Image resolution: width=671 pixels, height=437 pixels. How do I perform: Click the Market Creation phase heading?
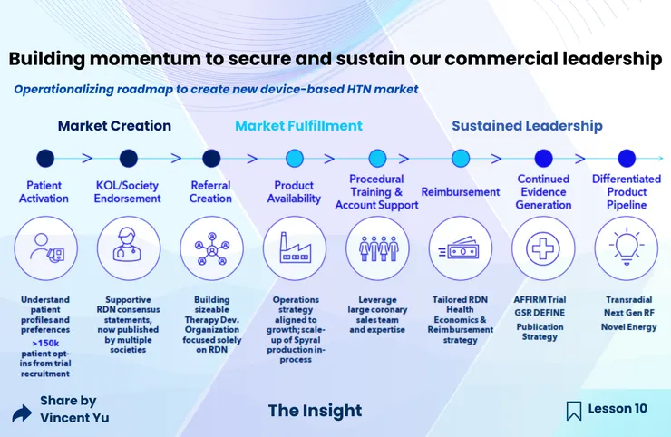[x=114, y=126]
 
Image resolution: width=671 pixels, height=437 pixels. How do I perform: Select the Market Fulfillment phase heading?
[x=298, y=126]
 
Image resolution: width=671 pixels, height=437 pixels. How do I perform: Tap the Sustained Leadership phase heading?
[x=527, y=126]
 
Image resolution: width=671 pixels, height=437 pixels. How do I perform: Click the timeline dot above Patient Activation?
[x=45, y=159]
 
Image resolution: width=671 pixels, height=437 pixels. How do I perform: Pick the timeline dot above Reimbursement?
[x=461, y=159]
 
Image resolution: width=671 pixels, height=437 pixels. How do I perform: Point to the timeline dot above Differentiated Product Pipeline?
[x=627, y=159]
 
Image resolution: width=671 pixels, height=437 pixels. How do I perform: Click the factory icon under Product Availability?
[x=295, y=248]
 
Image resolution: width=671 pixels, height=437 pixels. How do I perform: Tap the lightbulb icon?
[x=627, y=247]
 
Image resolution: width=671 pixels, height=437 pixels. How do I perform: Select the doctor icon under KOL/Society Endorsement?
[x=128, y=245]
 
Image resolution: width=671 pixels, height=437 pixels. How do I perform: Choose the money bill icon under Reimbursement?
[x=459, y=248]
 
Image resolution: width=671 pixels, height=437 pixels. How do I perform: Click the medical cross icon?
[x=543, y=248]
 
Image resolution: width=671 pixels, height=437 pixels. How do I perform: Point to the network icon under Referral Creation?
[x=212, y=248]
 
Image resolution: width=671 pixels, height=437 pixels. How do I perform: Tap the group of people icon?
[x=378, y=248]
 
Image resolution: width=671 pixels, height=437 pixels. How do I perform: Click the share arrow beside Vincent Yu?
[x=22, y=413]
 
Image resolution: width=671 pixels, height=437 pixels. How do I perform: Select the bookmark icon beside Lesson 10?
[x=574, y=411]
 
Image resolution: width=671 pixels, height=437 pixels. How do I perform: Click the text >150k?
[x=45, y=344]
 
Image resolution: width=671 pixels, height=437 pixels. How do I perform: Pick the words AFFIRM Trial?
[x=540, y=299]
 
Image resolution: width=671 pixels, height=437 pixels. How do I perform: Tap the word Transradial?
[x=628, y=299]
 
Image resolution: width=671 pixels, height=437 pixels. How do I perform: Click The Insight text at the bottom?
[x=315, y=411]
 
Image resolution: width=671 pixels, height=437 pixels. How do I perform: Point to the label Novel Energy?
[x=628, y=327]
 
